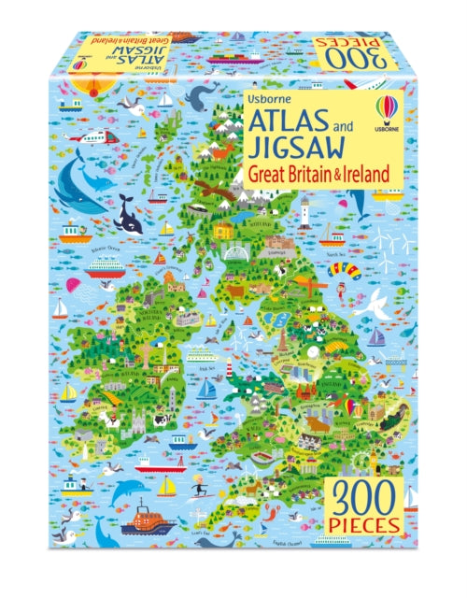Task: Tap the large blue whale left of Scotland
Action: [81, 187]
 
